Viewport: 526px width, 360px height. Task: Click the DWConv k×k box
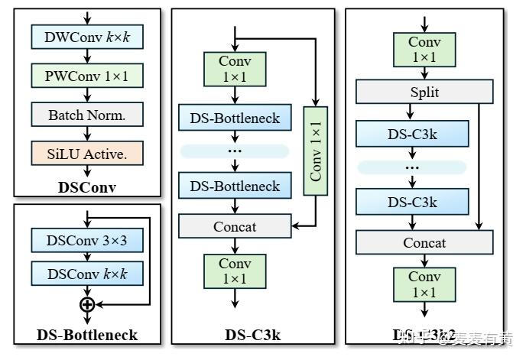[x=86, y=36]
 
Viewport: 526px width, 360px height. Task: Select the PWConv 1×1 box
[x=86, y=75]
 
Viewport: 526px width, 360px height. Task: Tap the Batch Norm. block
[x=86, y=115]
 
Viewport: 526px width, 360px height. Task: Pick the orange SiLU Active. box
[x=86, y=154]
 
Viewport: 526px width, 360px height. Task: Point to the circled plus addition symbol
[x=87, y=304]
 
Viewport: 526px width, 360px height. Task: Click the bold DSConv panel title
[x=86, y=186]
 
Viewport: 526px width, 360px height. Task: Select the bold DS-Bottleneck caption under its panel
[x=86, y=335]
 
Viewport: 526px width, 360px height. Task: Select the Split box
[x=424, y=92]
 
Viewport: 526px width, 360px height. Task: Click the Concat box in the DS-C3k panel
[x=235, y=226]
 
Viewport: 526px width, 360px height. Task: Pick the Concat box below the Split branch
[x=424, y=243]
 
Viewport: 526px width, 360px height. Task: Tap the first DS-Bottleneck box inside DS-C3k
[x=235, y=118]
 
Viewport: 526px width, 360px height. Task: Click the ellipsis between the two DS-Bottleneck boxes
[x=235, y=151]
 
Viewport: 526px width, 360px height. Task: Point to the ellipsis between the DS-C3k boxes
[x=412, y=167]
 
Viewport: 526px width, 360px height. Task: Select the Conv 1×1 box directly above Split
[x=424, y=50]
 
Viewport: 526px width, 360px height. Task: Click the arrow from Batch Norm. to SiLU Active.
[x=87, y=134]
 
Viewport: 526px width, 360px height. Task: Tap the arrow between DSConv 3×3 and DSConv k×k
[x=87, y=257]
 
